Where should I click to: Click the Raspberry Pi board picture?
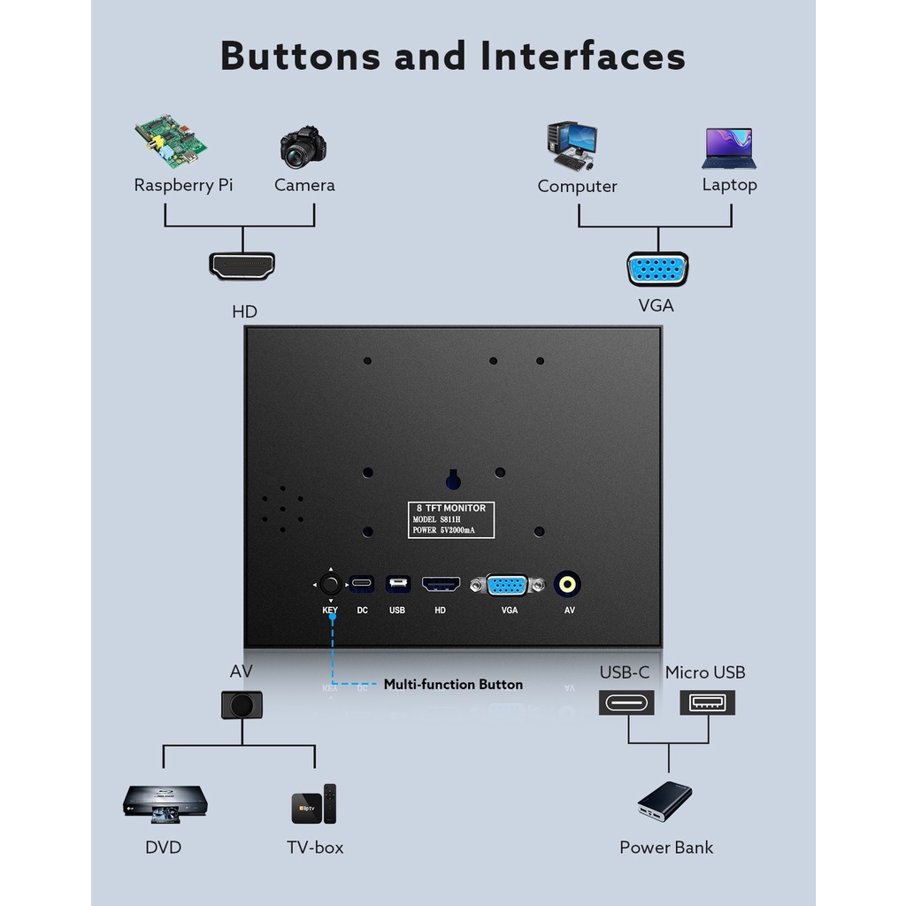point(171,140)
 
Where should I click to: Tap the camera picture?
point(303,147)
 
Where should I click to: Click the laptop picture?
point(729,148)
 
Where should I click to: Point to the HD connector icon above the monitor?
point(242,265)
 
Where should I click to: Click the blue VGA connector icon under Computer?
point(657,269)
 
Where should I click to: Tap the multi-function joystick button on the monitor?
point(331,584)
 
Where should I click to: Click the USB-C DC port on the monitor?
point(362,584)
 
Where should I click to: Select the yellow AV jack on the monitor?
point(567,584)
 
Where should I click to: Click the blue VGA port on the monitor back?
point(508,585)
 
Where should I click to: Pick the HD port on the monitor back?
point(441,584)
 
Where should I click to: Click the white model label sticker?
point(450,519)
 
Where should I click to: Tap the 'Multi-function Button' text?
point(453,684)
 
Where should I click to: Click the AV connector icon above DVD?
point(242,704)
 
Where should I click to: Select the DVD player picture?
point(165,802)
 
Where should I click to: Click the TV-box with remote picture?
point(314,804)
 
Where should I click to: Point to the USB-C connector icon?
point(626,703)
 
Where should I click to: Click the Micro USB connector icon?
point(708,703)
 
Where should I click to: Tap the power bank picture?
point(664,802)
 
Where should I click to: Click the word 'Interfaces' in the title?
point(583,56)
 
